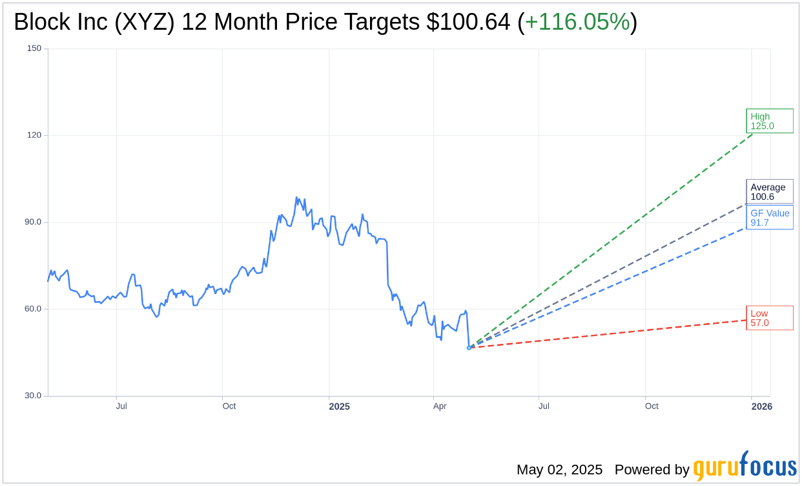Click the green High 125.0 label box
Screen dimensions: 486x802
[x=769, y=121]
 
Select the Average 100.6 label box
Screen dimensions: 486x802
[x=769, y=192]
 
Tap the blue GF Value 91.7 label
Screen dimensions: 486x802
[x=769, y=218]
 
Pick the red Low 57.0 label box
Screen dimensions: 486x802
[x=769, y=318]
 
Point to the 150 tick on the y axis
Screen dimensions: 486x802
[x=34, y=48]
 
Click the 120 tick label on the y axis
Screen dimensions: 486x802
[x=34, y=135]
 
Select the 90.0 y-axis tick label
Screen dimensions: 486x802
[x=32, y=222]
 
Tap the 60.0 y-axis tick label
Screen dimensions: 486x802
[x=32, y=308]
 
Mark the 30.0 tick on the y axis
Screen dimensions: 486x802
[x=32, y=396]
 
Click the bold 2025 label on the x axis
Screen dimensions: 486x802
[x=339, y=407]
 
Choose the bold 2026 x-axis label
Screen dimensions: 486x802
[x=761, y=407]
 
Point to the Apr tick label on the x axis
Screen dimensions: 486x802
[x=440, y=407]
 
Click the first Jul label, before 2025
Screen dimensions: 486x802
[x=121, y=407]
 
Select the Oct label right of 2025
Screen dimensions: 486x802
[x=652, y=407]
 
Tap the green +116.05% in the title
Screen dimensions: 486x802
[x=577, y=22]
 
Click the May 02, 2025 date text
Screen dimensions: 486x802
[x=559, y=470]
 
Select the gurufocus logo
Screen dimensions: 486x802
[x=745, y=467]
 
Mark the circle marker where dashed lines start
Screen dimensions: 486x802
[x=469, y=348]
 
